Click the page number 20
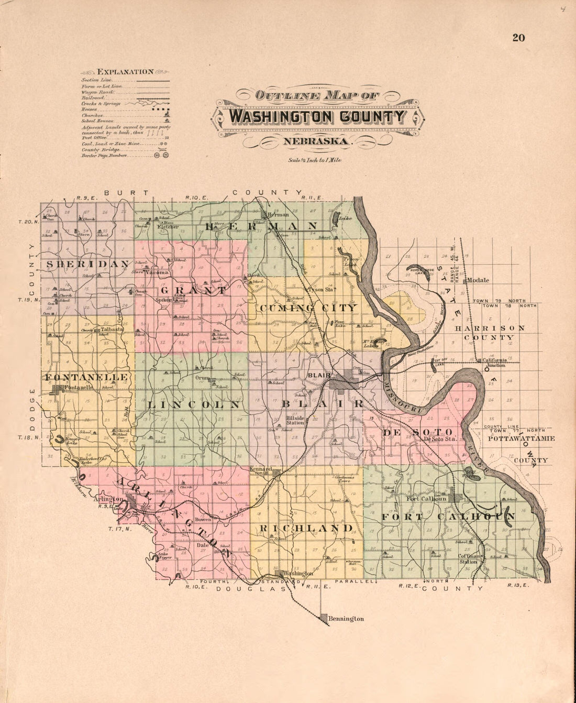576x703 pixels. [518, 38]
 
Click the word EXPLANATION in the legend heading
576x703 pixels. [126, 72]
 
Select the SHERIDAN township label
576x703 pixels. [87, 265]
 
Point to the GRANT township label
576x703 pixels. [194, 290]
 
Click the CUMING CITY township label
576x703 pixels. [307, 308]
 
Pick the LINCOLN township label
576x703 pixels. [194, 405]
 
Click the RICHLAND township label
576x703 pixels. [305, 528]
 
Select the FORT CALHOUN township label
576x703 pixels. [448, 517]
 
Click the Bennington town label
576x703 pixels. [346, 619]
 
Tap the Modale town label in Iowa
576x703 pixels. [478, 280]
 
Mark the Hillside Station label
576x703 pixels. [295, 420]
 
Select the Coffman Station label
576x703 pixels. [468, 559]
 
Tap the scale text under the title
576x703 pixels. [314, 160]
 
